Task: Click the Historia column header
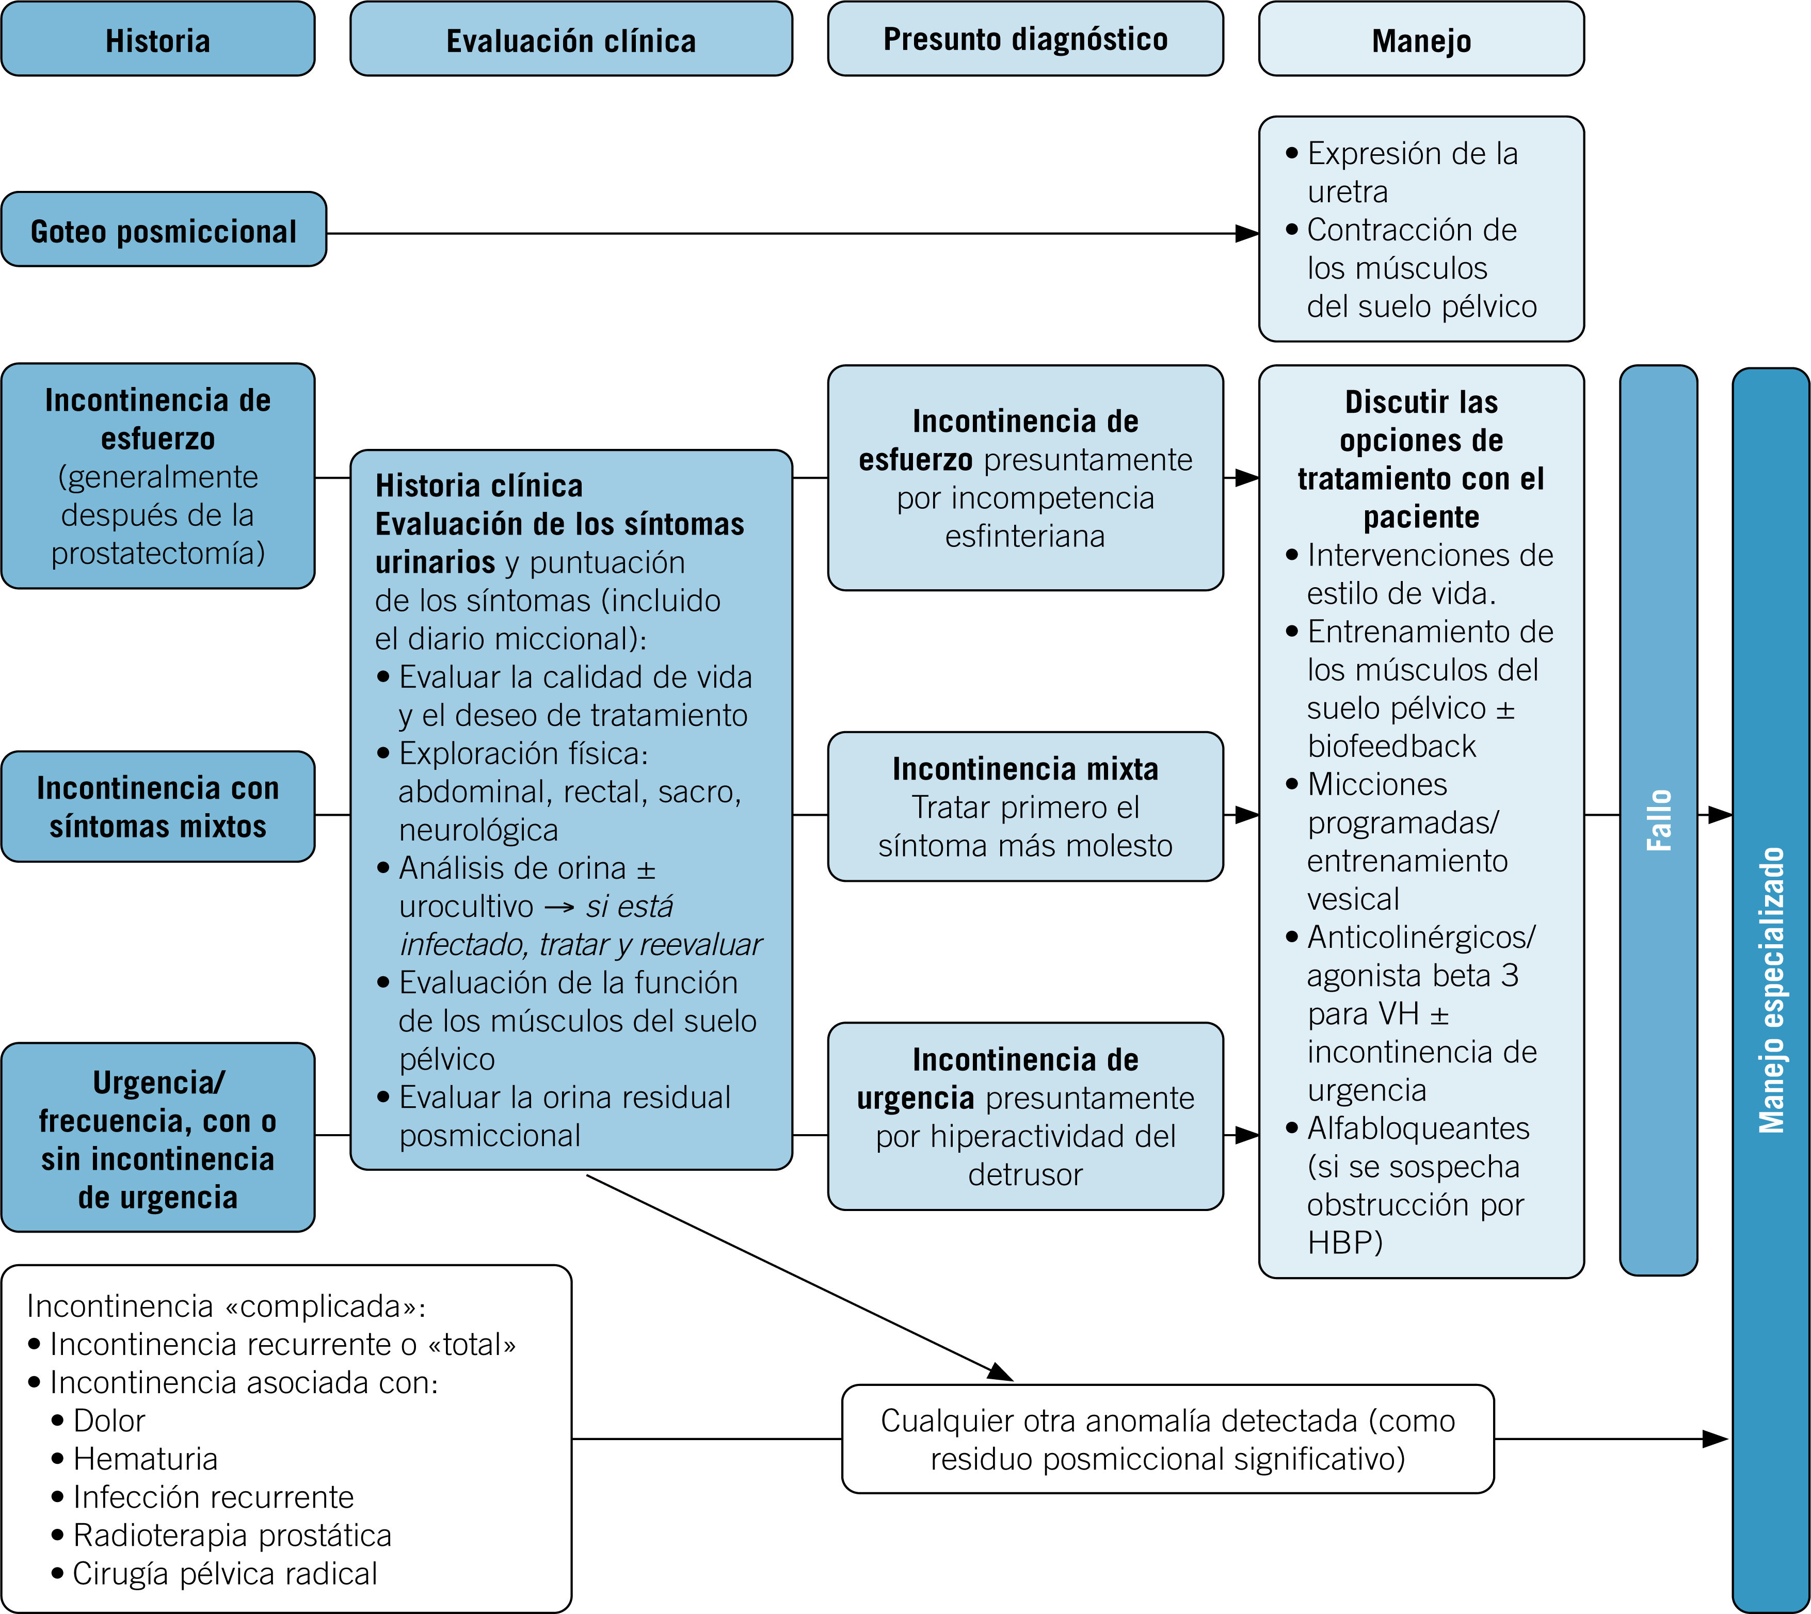[x=158, y=40]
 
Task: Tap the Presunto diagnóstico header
[x=1024, y=39]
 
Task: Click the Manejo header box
[x=1421, y=40]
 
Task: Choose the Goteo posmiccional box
[x=163, y=231]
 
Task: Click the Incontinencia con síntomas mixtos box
[x=158, y=806]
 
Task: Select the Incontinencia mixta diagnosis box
[x=1024, y=806]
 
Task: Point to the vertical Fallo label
[x=1658, y=820]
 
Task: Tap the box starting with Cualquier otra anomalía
[x=1167, y=1439]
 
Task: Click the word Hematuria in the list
[x=146, y=1459]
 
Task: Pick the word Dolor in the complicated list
[x=109, y=1421]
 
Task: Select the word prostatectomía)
[x=158, y=553]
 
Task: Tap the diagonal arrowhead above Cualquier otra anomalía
[x=1000, y=1372]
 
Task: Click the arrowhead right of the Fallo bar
[x=1719, y=814]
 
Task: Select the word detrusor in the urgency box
[x=1025, y=1175]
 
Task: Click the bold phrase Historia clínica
[x=479, y=486]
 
